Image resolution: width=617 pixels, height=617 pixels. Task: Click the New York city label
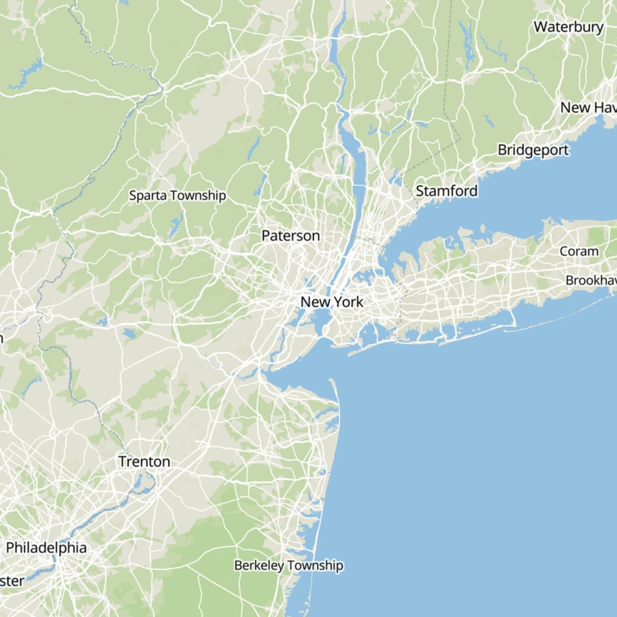coord(332,302)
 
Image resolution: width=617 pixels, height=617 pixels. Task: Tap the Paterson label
coord(291,236)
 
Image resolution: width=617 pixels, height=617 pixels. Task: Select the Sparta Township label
coord(178,195)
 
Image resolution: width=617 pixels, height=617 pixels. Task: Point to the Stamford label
coord(446,191)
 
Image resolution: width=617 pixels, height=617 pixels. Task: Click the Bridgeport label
coord(533,150)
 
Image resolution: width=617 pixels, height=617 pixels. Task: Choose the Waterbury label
coord(568,27)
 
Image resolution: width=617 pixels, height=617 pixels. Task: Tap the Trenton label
coord(144,461)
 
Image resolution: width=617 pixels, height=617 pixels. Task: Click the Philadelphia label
coord(47,548)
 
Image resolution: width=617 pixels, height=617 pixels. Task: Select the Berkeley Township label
coord(289,566)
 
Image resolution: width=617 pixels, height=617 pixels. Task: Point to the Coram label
coord(579,251)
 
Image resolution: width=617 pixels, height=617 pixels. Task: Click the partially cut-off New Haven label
coord(588,108)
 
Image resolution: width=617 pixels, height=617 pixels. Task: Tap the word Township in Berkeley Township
coord(316,566)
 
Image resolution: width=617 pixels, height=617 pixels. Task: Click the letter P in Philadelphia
coord(11,548)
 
